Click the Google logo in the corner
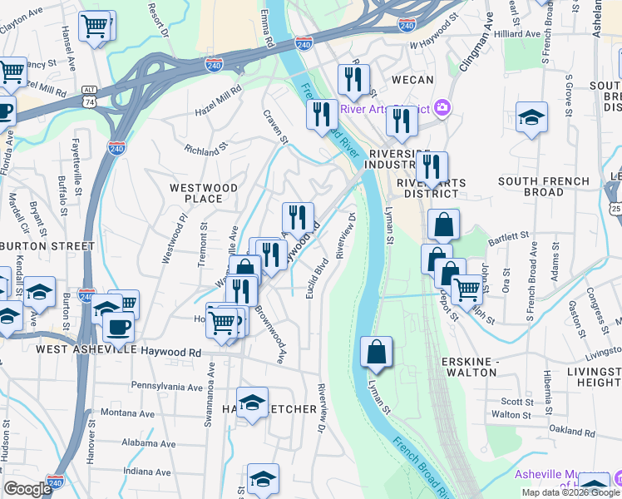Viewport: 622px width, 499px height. coord(27,489)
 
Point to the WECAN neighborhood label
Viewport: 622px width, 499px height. coord(412,80)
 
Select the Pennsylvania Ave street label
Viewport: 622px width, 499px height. coord(167,387)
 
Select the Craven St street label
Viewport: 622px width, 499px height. coord(275,126)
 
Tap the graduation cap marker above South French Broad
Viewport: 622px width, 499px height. coord(531,118)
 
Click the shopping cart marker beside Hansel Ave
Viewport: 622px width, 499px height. coord(96,28)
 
